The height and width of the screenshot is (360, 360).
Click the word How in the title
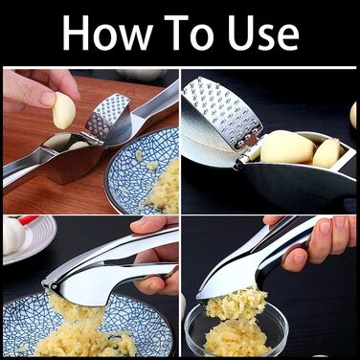(107, 32)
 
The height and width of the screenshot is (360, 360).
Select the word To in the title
(192, 32)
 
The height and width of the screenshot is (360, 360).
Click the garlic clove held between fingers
(64, 110)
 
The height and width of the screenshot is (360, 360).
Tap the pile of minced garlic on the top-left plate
(160, 189)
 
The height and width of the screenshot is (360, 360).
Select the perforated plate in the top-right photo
(223, 112)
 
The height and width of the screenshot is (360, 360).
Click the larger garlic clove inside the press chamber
(286, 146)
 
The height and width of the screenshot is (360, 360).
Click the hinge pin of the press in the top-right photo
(243, 160)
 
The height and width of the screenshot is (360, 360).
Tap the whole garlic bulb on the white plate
(13, 236)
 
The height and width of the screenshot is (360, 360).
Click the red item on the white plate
(29, 220)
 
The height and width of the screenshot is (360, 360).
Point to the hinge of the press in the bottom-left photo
(48, 281)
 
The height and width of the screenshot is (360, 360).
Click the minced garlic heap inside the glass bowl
(236, 338)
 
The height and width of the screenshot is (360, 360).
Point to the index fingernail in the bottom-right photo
(325, 227)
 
